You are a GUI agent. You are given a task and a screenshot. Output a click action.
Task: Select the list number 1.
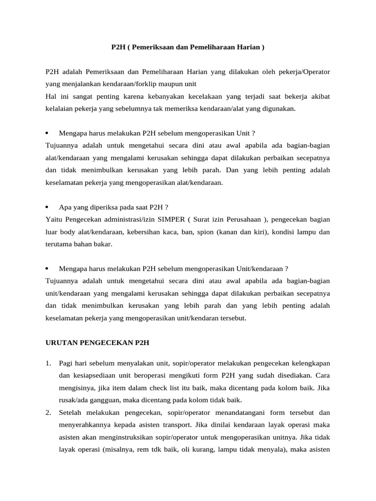coord(48,364)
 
